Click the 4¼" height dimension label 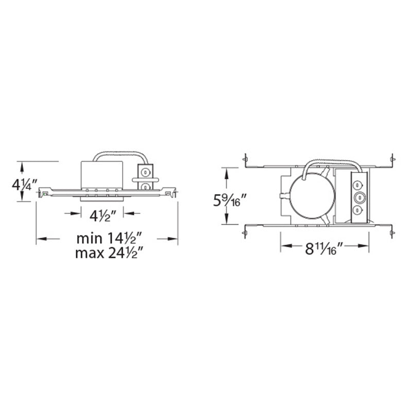click(x=25, y=184)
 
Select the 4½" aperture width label click(x=102, y=216)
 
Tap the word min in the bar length click(x=89, y=238)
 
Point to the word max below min click(x=90, y=253)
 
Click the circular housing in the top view click(x=313, y=196)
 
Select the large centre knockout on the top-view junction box click(x=359, y=197)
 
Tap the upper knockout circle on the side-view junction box click(x=144, y=173)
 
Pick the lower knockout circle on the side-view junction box click(x=144, y=187)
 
